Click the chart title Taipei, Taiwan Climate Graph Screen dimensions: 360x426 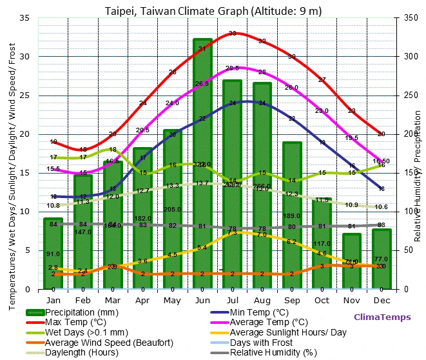(213, 11)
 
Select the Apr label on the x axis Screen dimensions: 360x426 (143, 300)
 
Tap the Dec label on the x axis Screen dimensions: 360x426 (382, 300)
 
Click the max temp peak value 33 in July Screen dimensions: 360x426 (232, 34)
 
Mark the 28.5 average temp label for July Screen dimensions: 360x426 (232, 68)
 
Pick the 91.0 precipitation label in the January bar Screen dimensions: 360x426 (53, 254)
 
